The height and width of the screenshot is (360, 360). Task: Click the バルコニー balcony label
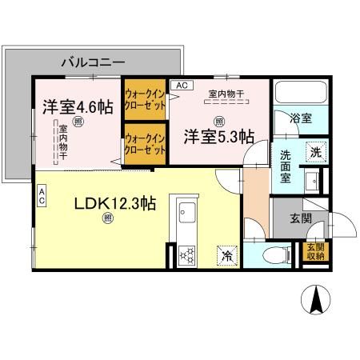point(92,61)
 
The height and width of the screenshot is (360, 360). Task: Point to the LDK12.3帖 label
point(105,204)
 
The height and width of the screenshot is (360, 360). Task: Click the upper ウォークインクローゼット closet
point(144,99)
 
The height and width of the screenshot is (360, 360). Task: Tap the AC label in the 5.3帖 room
point(182,85)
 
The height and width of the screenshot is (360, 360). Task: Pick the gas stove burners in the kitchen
point(188,255)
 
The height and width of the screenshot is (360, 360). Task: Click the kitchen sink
point(188,214)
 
